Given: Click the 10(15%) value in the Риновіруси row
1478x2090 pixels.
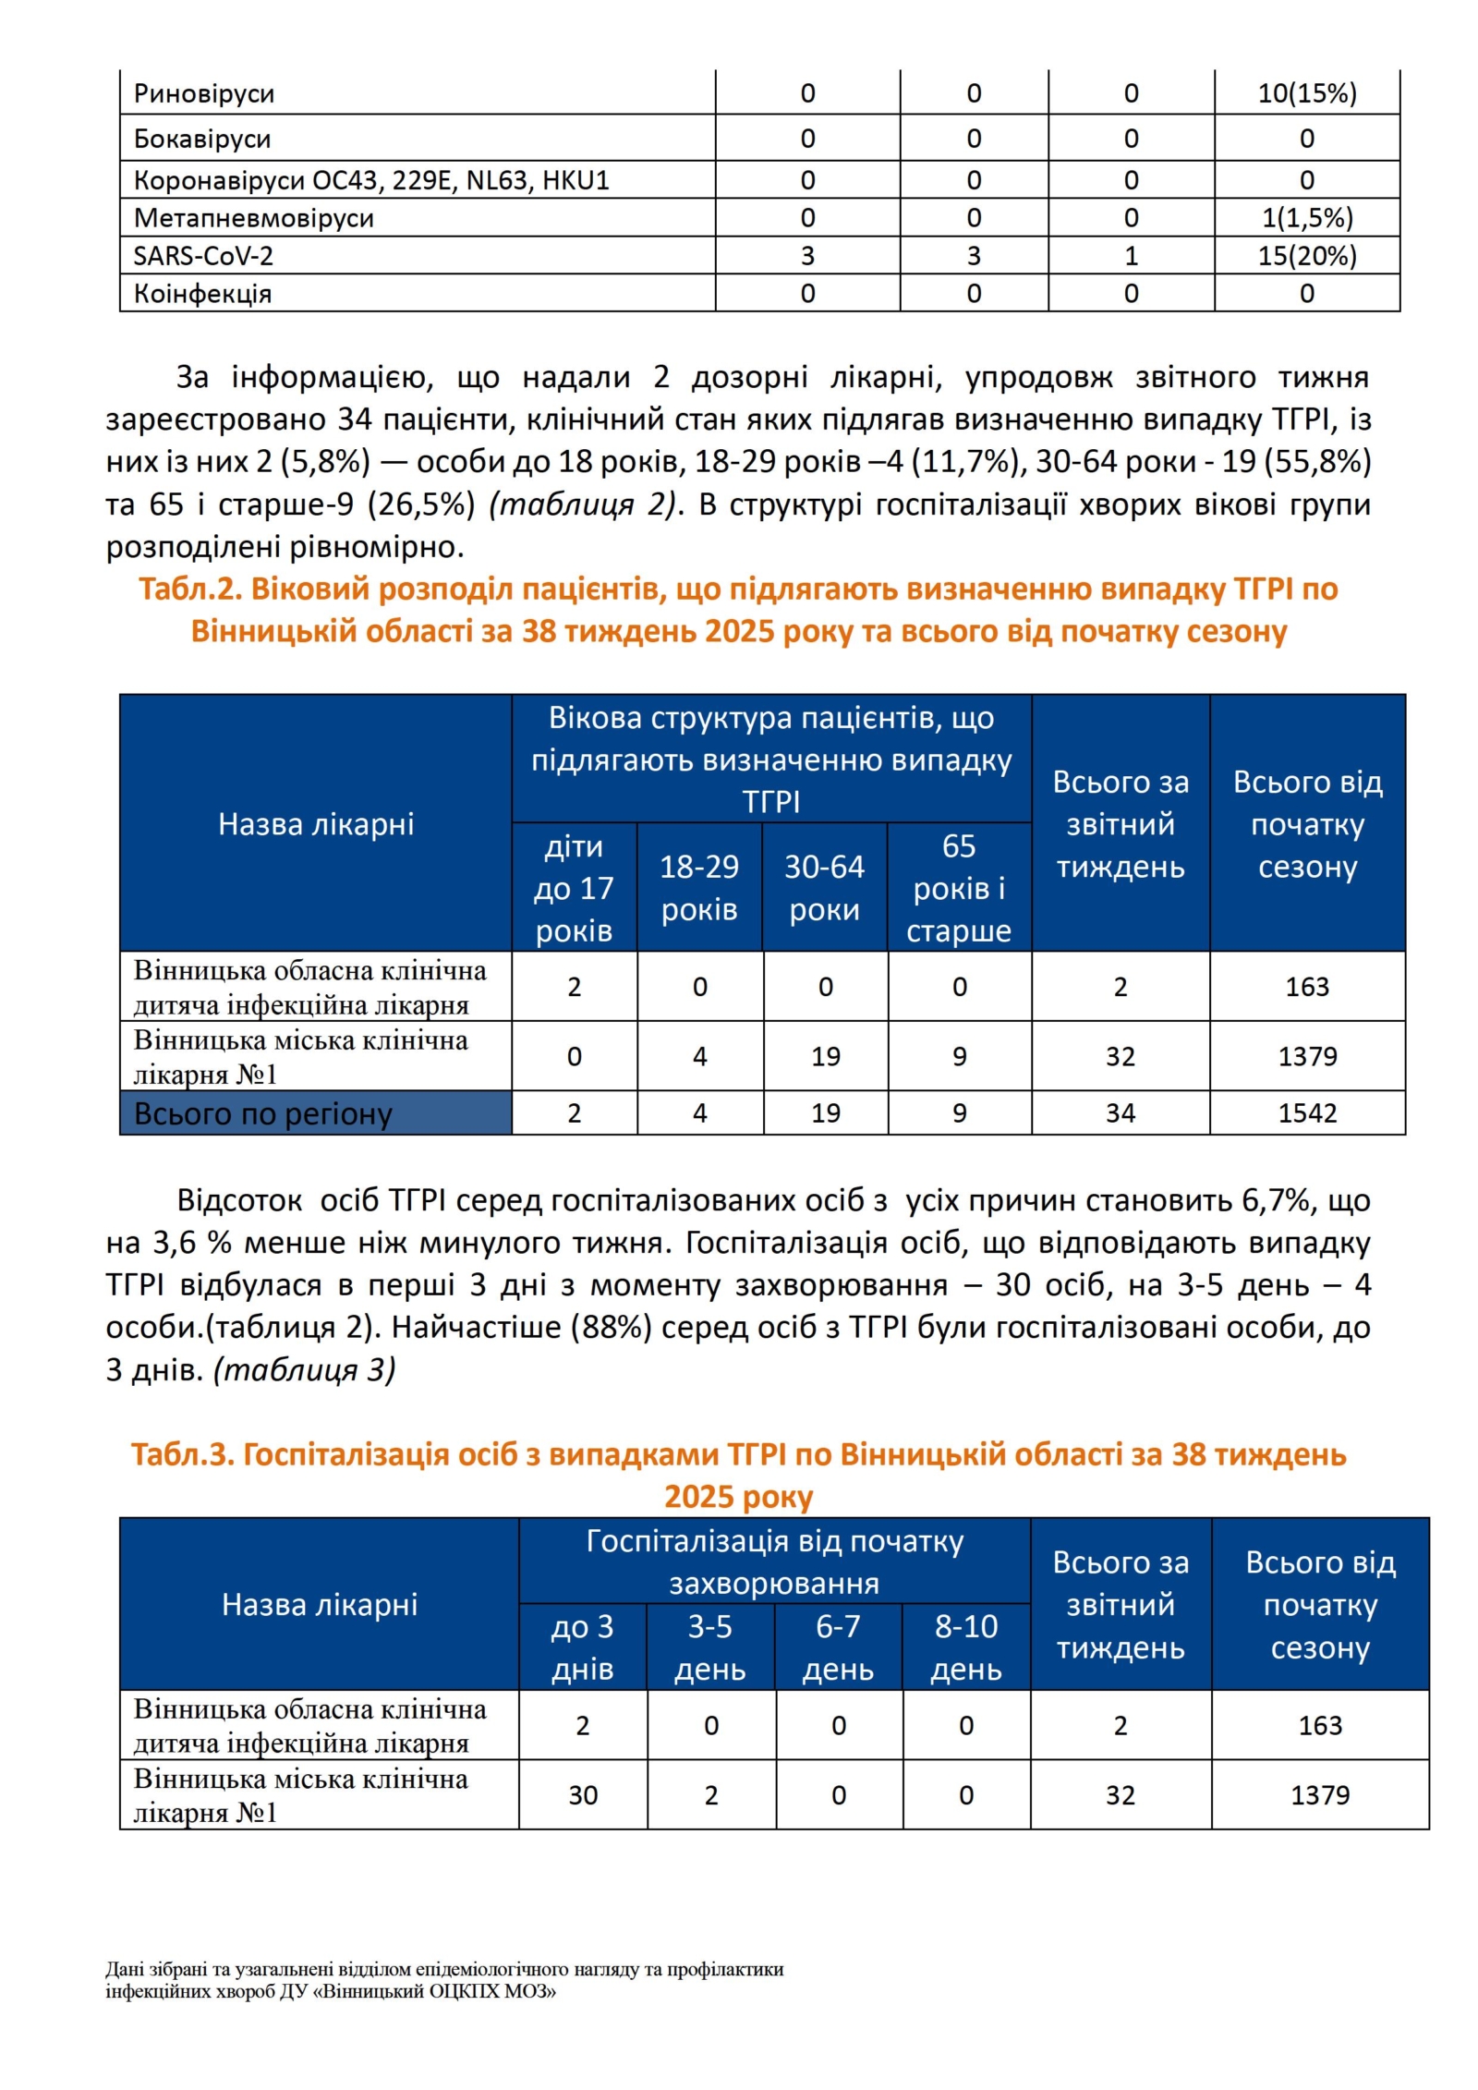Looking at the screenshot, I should (x=1306, y=93).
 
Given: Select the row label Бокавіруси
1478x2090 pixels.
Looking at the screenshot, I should (x=202, y=139).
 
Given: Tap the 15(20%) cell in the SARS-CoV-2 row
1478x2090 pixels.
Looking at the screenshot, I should (x=1306, y=256).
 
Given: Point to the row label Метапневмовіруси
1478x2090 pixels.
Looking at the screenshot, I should (x=254, y=218).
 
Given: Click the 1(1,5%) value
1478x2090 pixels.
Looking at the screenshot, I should (x=1306, y=218).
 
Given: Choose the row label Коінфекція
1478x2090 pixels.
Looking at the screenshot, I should (x=202, y=294).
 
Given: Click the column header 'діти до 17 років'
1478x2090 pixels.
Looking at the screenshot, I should (x=574, y=888).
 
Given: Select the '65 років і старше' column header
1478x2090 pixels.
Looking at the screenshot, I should (x=959, y=888).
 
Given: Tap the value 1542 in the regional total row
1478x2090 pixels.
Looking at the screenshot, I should (x=1306, y=1112).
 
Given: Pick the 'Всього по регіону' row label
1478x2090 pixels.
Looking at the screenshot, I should (x=263, y=1113).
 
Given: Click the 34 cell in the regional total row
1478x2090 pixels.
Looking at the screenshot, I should (x=1120, y=1112).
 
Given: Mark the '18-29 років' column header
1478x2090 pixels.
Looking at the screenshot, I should (x=699, y=888).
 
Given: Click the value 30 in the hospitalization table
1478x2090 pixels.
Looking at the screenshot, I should (x=583, y=1795).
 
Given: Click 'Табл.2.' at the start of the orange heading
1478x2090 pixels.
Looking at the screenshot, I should (x=189, y=589).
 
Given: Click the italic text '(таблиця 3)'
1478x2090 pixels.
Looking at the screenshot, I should (x=305, y=1369).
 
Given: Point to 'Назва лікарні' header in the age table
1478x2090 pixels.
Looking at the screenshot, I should (x=316, y=824).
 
